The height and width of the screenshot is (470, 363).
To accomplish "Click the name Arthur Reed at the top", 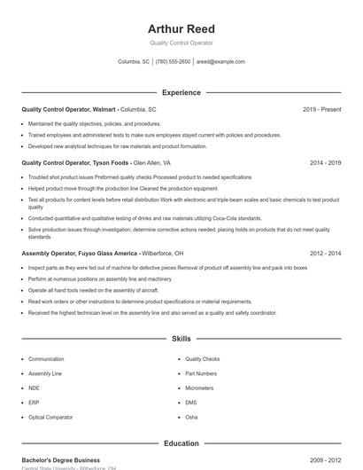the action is coord(181,29).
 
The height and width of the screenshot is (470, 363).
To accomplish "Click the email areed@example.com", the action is coord(220,62).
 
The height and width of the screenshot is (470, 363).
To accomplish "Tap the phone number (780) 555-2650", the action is coord(173,62).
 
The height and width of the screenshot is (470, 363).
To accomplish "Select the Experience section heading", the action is coord(181,92).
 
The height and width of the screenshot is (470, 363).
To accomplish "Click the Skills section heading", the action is coord(181,339).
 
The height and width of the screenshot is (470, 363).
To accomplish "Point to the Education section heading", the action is coord(181,443).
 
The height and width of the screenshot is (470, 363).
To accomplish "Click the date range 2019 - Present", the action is coord(321,110).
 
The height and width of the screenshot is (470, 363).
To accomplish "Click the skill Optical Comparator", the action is coord(50,416).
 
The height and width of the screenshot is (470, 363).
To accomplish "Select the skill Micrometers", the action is coord(199,388).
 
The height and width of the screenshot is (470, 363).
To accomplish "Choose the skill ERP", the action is coord(34,402).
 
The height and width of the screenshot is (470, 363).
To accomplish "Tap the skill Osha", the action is coord(191,416).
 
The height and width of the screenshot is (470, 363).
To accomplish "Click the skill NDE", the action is coord(34,388).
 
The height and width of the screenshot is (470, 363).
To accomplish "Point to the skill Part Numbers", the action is coord(201,373).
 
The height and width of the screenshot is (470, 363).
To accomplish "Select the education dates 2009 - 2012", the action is coord(326,460).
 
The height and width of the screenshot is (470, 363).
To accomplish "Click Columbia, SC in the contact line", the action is coord(134,62).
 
